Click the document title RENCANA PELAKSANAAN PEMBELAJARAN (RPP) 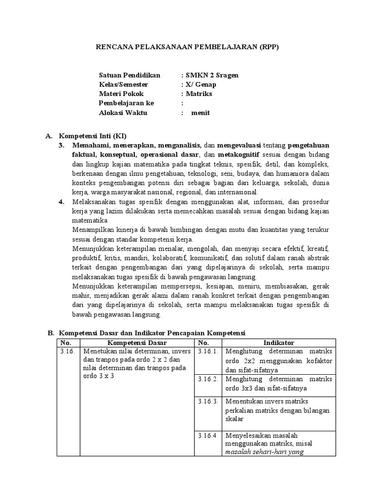[x=187, y=47]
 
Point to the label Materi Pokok [x=121, y=94]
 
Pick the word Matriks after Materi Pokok [x=198, y=94]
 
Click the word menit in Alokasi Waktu [x=201, y=113]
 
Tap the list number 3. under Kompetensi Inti [x=62, y=145]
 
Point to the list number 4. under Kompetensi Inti [x=62, y=201]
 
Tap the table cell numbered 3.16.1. [x=208, y=351]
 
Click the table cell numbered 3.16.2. [x=208, y=379]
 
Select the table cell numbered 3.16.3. [x=208, y=402]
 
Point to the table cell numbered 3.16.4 [x=207, y=435]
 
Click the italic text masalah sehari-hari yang [x=264, y=452]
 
